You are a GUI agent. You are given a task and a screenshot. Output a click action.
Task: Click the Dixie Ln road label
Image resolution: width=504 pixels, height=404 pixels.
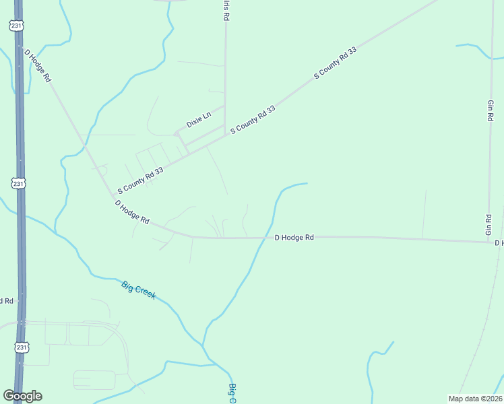(x=199, y=120)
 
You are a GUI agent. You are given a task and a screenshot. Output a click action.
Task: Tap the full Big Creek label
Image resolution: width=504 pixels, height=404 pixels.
(x=139, y=290)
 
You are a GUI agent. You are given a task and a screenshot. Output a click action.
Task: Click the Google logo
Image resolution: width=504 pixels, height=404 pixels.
(x=22, y=396)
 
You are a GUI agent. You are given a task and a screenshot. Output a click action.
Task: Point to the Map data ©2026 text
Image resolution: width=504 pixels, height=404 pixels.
(x=475, y=399)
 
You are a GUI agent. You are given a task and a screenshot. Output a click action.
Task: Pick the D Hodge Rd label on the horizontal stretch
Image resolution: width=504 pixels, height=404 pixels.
(x=294, y=238)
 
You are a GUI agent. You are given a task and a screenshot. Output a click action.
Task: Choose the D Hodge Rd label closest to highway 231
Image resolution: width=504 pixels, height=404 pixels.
(x=38, y=65)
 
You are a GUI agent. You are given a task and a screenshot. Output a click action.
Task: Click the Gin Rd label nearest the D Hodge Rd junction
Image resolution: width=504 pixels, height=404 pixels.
(x=489, y=224)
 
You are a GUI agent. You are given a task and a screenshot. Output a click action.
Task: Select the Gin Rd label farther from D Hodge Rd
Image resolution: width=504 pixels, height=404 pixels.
(x=490, y=110)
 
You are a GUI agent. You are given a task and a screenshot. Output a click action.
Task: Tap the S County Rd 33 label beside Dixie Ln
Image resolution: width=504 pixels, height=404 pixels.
(x=253, y=119)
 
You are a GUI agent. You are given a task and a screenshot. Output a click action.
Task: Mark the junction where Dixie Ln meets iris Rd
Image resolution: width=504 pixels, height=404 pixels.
(x=224, y=105)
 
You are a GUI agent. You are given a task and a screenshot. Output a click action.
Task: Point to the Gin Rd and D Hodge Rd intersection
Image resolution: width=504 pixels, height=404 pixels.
(x=490, y=242)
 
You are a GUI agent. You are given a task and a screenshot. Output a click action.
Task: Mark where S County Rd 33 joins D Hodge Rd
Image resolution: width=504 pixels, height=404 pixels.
(x=112, y=196)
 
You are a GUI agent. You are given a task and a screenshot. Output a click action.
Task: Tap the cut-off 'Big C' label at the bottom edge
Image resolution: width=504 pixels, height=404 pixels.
(x=232, y=393)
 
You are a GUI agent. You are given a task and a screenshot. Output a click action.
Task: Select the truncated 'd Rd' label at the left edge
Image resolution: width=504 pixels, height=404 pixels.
(x=7, y=300)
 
